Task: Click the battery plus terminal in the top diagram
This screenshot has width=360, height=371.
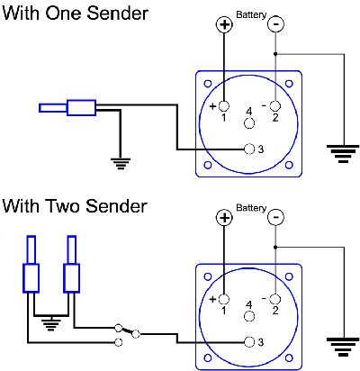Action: (x=224, y=24)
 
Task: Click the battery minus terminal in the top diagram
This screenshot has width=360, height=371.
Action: (x=275, y=24)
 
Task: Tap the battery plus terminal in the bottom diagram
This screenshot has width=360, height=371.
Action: (x=224, y=217)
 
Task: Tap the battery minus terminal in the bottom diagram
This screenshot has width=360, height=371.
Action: (x=275, y=217)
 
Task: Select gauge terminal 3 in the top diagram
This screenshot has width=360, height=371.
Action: (x=249, y=149)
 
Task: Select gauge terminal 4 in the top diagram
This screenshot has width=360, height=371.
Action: (x=249, y=123)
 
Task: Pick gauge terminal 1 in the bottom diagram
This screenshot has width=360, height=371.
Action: (x=224, y=299)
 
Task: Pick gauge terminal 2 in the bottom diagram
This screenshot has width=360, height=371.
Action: (x=275, y=299)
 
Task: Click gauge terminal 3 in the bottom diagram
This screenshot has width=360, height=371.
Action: (x=249, y=342)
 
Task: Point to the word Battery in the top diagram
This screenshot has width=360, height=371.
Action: (x=251, y=14)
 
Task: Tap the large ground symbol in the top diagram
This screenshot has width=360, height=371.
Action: (x=344, y=154)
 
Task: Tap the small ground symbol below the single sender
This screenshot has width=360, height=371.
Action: (x=121, y=164)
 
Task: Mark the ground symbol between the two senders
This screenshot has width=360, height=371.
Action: (x=51, y=324)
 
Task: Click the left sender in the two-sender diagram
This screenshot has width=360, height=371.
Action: (x=31, y=264)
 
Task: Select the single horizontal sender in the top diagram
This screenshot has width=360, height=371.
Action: (x=67, y=108)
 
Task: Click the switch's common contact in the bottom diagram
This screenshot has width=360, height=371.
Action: (x=136, y=334)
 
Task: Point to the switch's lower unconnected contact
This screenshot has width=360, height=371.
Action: (x=119, y=342)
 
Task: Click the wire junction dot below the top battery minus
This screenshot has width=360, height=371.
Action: (x=275, y=54)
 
